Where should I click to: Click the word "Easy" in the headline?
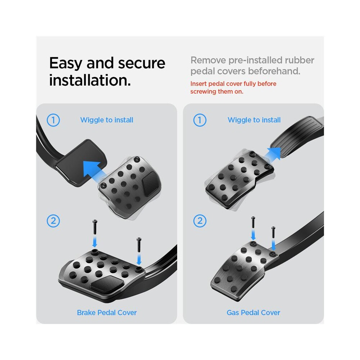coord(66,63)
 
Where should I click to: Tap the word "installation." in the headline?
coord(90,80)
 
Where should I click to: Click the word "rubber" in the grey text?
coord(300,60)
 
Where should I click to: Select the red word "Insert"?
coord(199,84)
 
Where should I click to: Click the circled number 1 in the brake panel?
coord(53,120)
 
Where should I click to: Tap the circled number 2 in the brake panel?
coord(53,221)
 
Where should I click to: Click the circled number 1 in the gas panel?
coord(200,120)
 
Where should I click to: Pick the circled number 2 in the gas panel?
coord(200,221)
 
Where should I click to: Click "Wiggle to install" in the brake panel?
coord(107,120)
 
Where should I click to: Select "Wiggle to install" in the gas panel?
coord(254,120)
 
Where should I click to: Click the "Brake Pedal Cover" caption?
coord(107,312)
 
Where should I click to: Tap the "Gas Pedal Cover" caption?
coord(253,312)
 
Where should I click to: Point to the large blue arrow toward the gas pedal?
coord(271,154)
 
